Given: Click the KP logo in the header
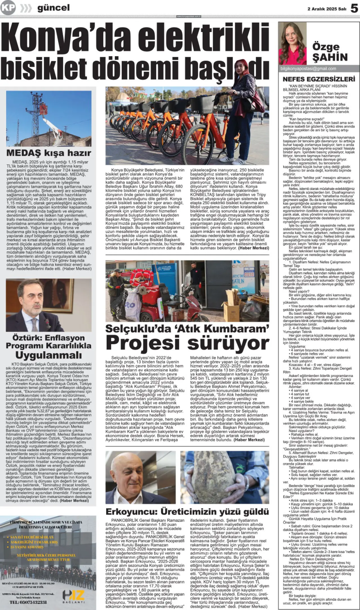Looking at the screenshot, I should [x=8, y=8].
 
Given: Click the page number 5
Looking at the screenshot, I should [x=354, y=9].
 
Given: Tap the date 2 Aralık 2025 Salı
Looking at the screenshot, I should [x=327, y=9].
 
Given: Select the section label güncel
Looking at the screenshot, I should [x=53, y=8].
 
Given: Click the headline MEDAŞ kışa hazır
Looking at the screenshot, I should [x=49, y=153].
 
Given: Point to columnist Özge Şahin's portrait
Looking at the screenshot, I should [x=292, y=44].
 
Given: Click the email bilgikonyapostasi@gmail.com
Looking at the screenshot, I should [x=308, y=69].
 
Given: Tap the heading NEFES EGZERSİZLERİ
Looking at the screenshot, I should [x=319, y=79].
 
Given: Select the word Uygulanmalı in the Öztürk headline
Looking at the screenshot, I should [x=49, y=355].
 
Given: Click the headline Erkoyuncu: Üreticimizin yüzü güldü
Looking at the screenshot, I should [x=187, y=512].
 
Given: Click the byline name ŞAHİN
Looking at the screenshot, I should [x=330, y=57].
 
